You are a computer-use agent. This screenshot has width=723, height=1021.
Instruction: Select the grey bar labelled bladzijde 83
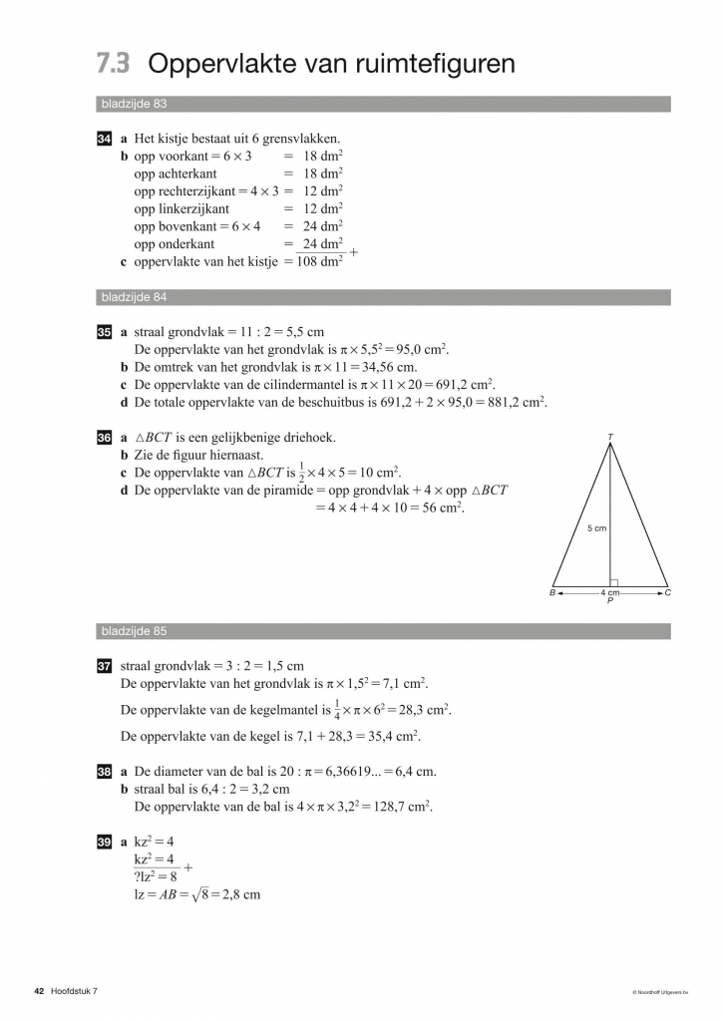click(383, 104)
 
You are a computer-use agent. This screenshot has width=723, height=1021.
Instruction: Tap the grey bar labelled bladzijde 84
click(383, 297)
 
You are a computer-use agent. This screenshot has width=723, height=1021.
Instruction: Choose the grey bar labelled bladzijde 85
click(383, 631)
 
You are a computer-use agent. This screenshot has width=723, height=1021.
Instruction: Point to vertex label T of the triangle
click(609, 437)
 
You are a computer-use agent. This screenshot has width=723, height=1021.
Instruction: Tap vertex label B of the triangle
click(551, 593)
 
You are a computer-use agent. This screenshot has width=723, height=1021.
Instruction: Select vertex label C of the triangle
click(667, 593)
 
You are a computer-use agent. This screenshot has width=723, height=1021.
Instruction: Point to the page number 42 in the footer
click(39, 990)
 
